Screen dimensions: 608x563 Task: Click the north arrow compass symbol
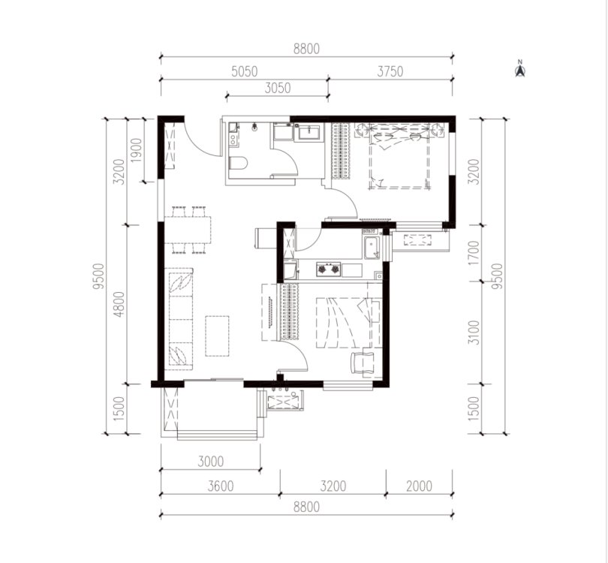(x=520, y=69)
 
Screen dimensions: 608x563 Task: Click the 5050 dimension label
(x=244, y=72)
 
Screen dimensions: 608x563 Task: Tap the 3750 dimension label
(x=390, y=72)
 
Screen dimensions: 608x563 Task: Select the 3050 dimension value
(x=278, y=89)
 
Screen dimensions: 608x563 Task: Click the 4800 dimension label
(x=120, y=304)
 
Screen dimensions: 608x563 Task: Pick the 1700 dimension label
(x=474, y=253)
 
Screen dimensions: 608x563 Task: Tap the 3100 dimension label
(x=474, y=333)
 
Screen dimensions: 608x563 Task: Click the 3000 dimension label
(x=211, y=462)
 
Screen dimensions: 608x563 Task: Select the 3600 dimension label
(x=220, y=486)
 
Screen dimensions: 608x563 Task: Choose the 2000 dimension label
(x=419, y=486)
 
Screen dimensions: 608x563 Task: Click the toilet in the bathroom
(x=238, y=163)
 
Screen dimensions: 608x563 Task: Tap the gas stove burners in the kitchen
(x=329, y=269)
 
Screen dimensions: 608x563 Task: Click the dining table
(x=188, y=230)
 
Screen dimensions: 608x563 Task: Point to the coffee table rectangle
(x=217, y=336)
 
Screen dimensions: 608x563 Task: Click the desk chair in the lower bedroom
(x=362, y=363)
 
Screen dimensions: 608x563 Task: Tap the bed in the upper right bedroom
(x=399, y=156)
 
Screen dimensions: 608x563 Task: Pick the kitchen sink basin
(x=372, y=247)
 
